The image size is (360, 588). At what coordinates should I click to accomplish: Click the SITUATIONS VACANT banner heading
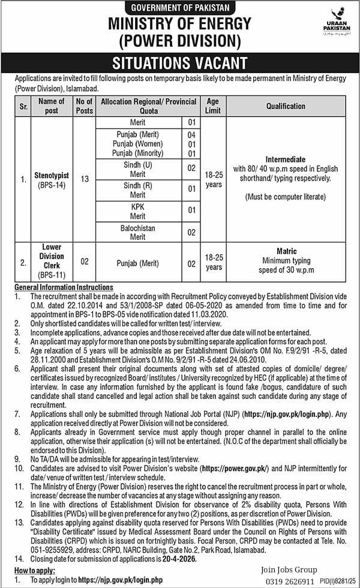tap(180, 63)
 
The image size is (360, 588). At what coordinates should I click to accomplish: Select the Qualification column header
tap(286, 106)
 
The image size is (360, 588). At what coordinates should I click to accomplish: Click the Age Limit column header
tap(214, 106)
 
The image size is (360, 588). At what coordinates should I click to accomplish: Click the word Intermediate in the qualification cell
tap(286, 160)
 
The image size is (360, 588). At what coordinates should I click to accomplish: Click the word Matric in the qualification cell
tap(286, 251)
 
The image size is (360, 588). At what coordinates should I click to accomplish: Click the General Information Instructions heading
tap(63, 287)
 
